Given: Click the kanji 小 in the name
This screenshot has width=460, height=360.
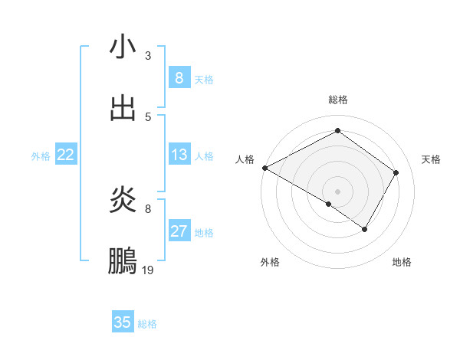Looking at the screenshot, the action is point(123,47).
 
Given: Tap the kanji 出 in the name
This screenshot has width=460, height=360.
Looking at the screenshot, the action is point(123,108).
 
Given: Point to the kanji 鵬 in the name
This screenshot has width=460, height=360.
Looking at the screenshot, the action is point(123,261).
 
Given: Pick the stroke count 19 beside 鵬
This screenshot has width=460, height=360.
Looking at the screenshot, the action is point(148,270).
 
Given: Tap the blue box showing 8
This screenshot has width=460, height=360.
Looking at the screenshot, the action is point(179,78).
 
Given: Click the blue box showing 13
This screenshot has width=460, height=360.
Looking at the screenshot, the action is point(179,155).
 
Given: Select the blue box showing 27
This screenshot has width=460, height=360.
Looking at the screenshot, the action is point(179,231).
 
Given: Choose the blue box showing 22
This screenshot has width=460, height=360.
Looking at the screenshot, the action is point(66,155).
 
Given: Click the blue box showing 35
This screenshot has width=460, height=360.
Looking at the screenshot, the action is point(123,322).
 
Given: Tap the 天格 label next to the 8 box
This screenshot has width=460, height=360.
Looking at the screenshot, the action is point(204,79).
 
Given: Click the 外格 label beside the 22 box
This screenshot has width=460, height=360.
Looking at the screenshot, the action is point(41,155).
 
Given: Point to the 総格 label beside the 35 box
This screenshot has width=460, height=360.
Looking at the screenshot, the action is point(147,323).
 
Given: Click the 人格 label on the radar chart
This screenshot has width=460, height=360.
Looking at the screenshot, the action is point(245,159).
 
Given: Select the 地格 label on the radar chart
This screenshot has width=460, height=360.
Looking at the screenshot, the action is point(402,262).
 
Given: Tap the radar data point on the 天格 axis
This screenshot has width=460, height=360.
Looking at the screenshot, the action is point(396,172).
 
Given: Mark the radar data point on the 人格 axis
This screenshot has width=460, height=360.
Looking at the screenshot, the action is point(264,168).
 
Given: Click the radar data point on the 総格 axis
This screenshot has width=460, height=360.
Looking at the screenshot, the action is point(337,131).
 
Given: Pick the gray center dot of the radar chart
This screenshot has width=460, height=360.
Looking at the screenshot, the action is point(337,191).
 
